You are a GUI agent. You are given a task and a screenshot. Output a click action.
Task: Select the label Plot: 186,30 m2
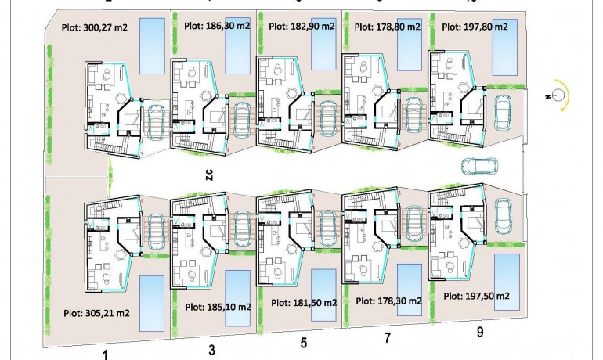(217, 25)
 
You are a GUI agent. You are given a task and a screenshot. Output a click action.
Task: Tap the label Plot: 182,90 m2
(302, 26)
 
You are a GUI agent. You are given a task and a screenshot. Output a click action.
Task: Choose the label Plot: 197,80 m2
(475, 26)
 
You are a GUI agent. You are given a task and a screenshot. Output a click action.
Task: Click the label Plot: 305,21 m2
(96, 312)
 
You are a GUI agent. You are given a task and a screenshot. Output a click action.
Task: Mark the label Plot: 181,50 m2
(304, 303)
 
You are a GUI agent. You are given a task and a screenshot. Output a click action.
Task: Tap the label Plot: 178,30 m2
(389, 301)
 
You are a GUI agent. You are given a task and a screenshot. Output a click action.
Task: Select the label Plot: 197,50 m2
(477, 297)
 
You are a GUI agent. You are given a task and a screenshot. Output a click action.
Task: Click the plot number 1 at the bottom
(104, 354)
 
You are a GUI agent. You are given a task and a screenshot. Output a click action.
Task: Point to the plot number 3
(212, 350)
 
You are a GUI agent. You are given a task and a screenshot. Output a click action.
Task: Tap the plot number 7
(387, 337)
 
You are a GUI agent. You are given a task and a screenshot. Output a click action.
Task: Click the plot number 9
(480, 332)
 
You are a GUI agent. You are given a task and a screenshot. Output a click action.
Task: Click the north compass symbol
(558, 95)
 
